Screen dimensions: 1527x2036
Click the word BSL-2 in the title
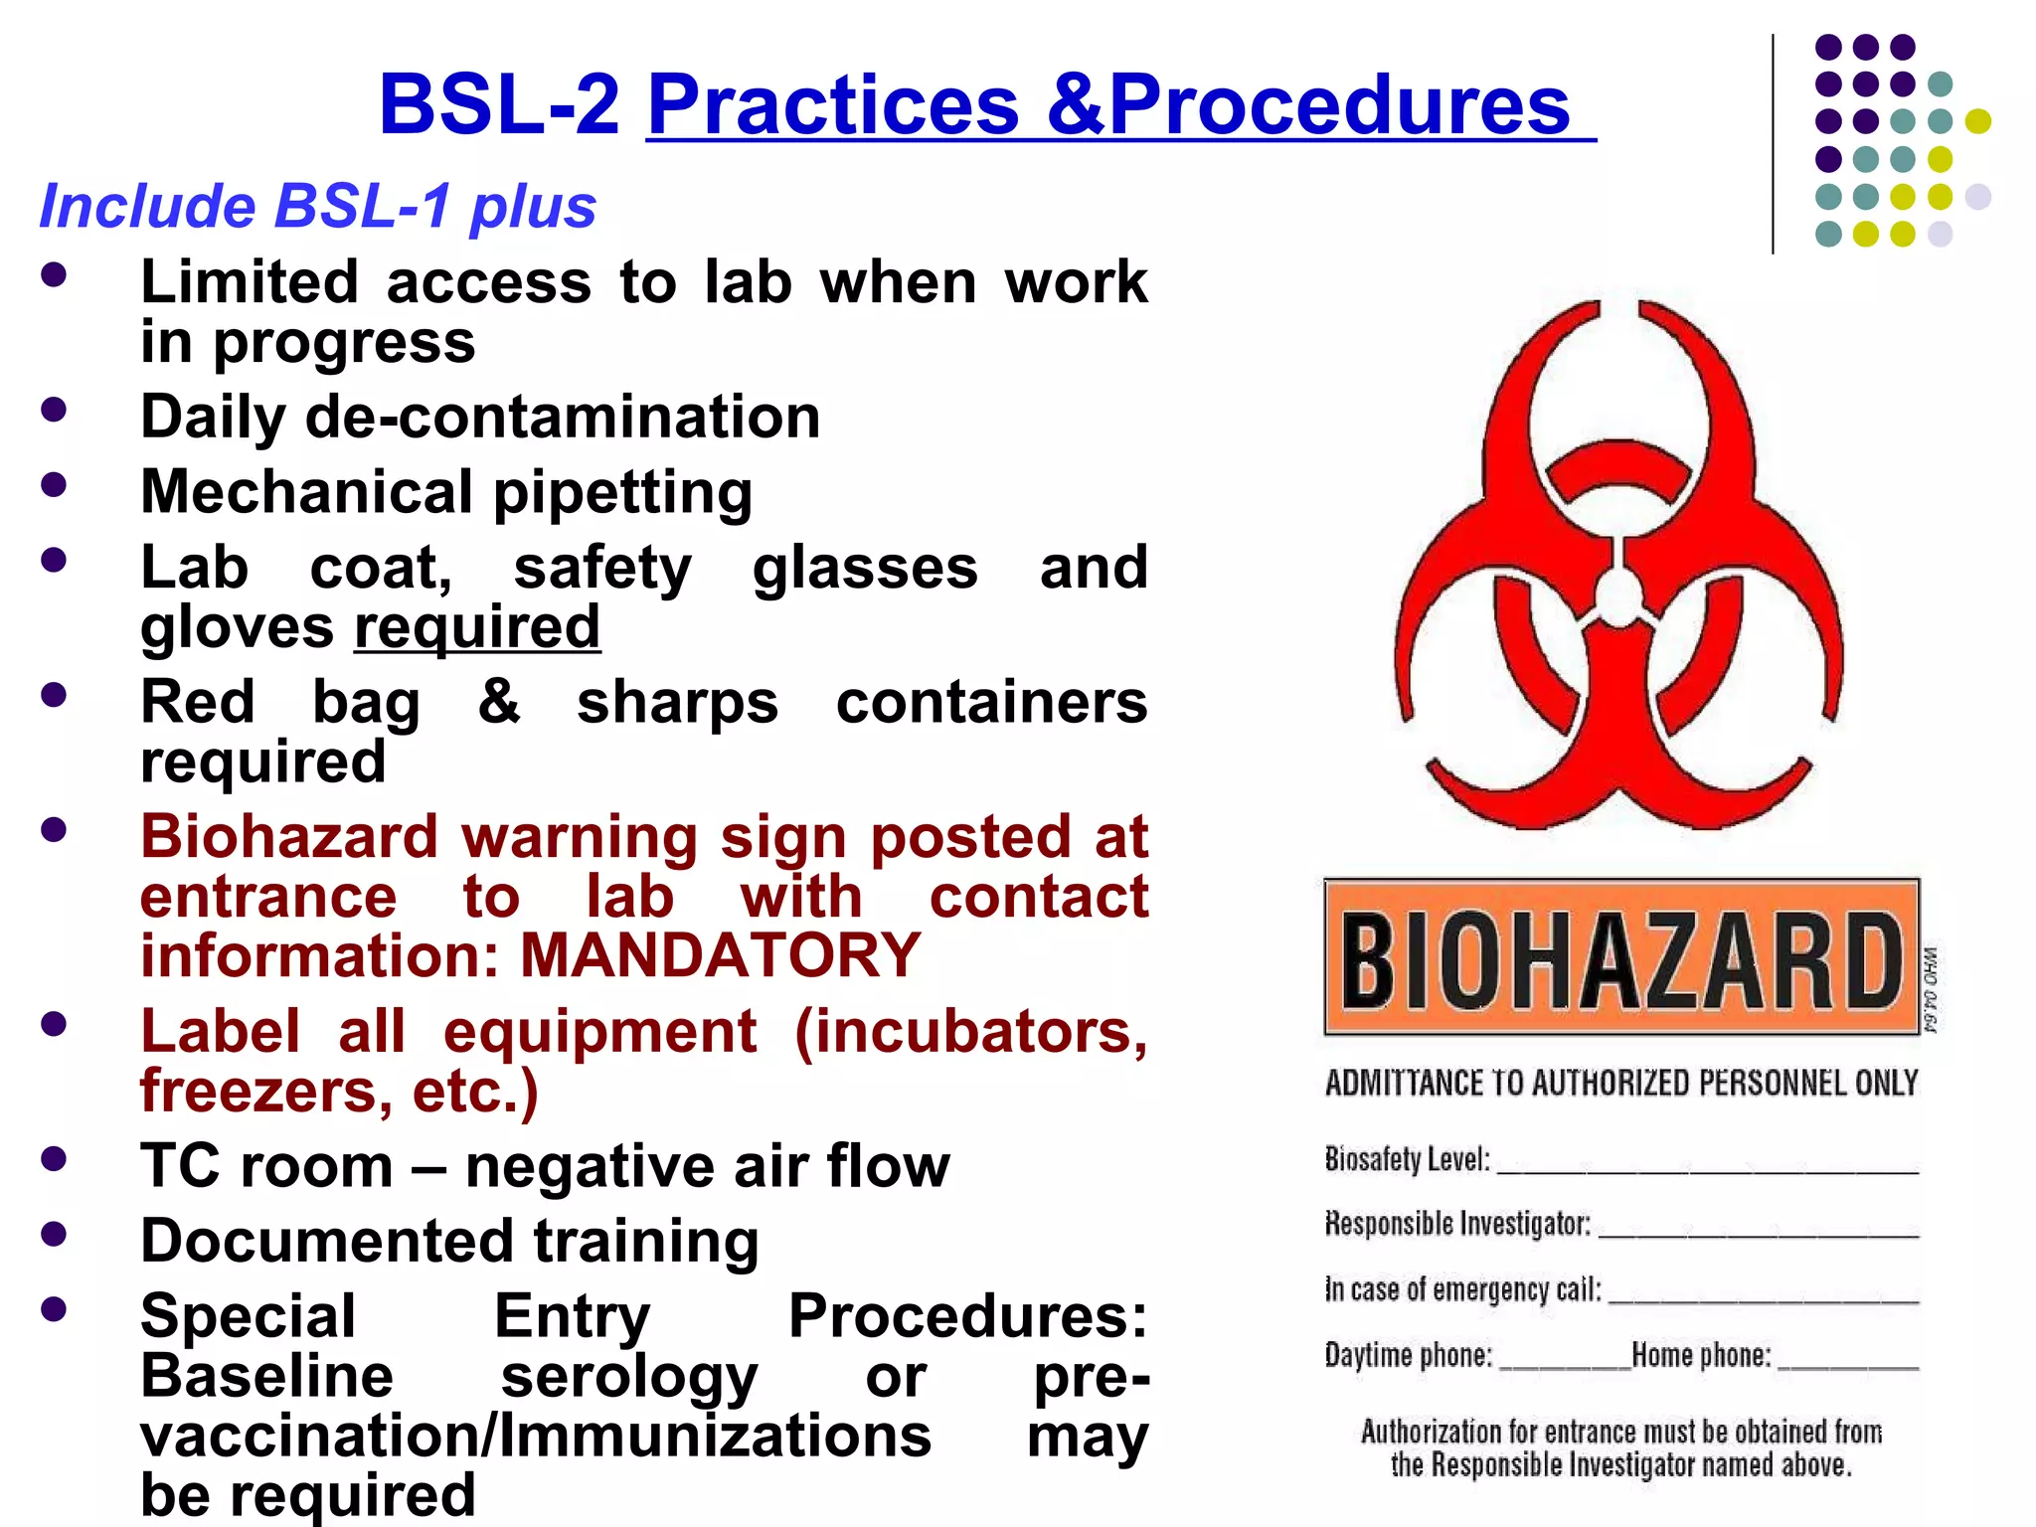pyautogui.click(x=499, y=105)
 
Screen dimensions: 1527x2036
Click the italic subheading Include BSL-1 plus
pyautogui.click(x=317, y=207)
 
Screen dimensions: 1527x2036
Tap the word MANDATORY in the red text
pyautogui.click(x=721, y=955)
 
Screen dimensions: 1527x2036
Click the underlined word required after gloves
pyautogui.click(x=477, y=627)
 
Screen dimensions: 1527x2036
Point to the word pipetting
pyautogui.click(x=623, y=492)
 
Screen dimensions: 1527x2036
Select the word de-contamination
pyautogui.click(x=563, y=417)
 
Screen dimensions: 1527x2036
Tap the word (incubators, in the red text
pyautogui.click(x=971, y=1031)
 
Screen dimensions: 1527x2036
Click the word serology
pyautogui.click(x=629, y=1377)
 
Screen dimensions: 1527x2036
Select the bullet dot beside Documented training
pyautogui.click(x=54, y=1234)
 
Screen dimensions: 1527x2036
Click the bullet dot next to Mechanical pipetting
pyautogui.click(x=54, y=485)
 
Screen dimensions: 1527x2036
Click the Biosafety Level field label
pyautogui.click(x=1407, y=1159)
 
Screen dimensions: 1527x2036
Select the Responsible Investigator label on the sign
pyautogui.click(x=1457, y=1223)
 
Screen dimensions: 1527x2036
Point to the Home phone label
pyautogui.click(x=1701, y=1355)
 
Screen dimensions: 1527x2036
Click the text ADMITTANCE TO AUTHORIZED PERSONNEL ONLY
pyautogui.click(x=1621, y=1084)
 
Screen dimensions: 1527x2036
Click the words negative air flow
pyautogui.click(x=707, y=1166)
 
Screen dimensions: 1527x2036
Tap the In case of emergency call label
pyautogui.click(x=1462, y=1289)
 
